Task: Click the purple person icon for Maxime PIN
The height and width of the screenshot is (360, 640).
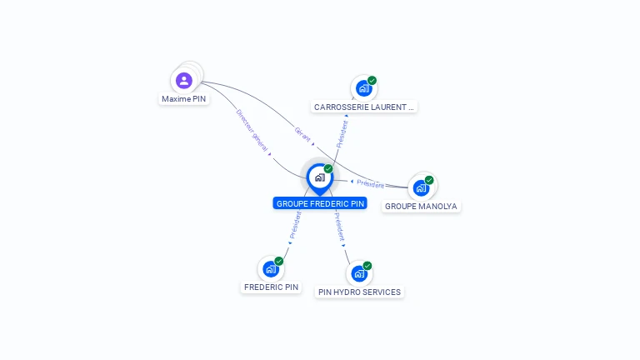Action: pos(184,81)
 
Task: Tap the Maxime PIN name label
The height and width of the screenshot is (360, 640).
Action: pos(184,99)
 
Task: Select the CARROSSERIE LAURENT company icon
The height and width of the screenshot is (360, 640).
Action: pos(363,87)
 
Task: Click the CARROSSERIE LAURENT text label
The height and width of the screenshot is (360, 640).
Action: pos(363,107)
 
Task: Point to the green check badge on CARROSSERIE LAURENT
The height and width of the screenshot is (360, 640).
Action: pos(372,81)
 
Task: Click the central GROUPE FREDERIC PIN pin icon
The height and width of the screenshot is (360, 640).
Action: pos(319,177)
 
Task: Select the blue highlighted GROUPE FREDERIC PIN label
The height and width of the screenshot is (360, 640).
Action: pos(320,203)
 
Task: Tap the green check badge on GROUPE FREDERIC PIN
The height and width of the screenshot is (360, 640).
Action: pos(328,169)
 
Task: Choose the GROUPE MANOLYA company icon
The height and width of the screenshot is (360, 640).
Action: pos(421,187)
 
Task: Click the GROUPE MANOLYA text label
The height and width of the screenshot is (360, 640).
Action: pos(421,207)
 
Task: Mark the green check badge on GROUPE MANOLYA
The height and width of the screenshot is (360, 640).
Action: pos(429,180)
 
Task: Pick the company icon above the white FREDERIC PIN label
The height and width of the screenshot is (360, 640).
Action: pos(271,268)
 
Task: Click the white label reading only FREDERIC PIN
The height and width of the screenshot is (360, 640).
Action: pos(271,287)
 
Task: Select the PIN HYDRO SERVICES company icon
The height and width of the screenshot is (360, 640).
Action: pos(359,273)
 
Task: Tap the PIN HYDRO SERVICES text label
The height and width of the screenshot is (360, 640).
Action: pos(359,292)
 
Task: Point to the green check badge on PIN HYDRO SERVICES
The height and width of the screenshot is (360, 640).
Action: pos(367,266)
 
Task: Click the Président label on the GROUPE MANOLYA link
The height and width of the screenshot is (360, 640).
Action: pos(370,183)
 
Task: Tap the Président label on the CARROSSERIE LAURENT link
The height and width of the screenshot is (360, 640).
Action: pos(342,133)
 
